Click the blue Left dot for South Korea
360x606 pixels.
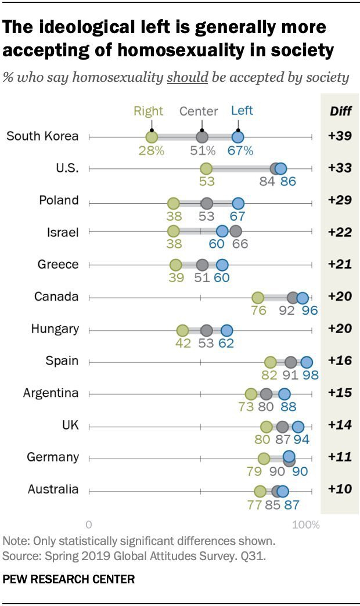coord(237,137)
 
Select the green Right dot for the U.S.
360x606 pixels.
coord(206,169)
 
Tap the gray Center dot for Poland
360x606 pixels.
coord(207,203)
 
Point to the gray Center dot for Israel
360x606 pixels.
coord(235,231)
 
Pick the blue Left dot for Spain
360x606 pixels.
coord(306,362)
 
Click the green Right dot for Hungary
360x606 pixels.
coord(182,330)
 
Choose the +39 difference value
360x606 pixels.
coord(340,136)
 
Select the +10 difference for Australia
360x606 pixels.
coord(340,489)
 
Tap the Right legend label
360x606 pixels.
coord(149,111)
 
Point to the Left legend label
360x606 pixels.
coord(242,110)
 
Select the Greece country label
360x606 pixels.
coord(58,265)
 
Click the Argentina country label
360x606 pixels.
coord(51,393)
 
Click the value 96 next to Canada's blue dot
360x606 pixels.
coord(309,310)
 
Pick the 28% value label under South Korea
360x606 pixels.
coord(151,150)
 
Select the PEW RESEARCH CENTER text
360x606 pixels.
coord(69,579)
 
